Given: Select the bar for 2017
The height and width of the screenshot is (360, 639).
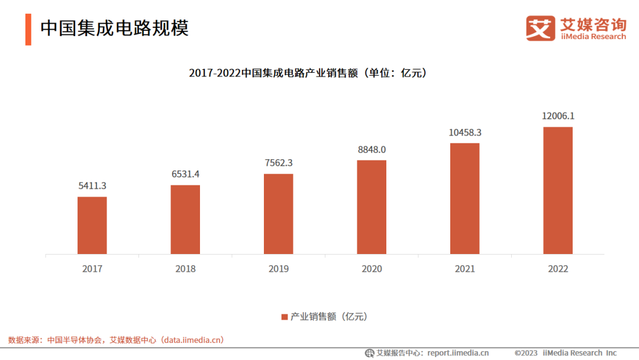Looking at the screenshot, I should [92, 226].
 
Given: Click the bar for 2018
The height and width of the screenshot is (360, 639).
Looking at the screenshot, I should [185, 220].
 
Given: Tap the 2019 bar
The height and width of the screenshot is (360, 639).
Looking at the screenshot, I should [279, 214].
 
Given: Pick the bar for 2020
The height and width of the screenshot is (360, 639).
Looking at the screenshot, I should [372, 207].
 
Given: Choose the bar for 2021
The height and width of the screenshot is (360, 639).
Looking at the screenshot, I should [465, 198].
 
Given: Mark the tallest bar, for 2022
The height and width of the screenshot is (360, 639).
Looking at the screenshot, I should [558, 191].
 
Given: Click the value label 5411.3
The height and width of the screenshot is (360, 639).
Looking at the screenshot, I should [92, 186].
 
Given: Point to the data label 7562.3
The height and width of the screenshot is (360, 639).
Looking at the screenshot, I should [279, 163].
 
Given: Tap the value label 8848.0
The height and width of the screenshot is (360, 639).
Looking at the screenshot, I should [372, 149].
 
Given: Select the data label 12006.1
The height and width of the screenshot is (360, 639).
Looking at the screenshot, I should [558, 116].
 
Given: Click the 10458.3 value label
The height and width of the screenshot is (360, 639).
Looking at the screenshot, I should [465, 133].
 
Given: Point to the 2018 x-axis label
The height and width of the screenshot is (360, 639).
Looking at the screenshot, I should [185, 269].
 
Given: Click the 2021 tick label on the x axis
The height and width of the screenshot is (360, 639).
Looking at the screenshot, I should [465, 269].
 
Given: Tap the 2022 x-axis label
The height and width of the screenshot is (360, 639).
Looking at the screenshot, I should [558, 269].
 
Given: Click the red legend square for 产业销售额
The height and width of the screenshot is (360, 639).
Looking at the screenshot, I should [284, 317].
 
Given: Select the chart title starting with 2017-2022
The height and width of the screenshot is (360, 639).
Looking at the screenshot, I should [308, 73].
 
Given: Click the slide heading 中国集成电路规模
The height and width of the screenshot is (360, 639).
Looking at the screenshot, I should [114, 28].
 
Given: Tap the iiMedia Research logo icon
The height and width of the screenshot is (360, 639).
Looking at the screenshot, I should [540, 28].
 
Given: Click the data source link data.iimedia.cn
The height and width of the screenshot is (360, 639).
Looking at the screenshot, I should [193, 340].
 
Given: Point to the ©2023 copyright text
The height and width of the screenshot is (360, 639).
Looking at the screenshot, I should [526, 353].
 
